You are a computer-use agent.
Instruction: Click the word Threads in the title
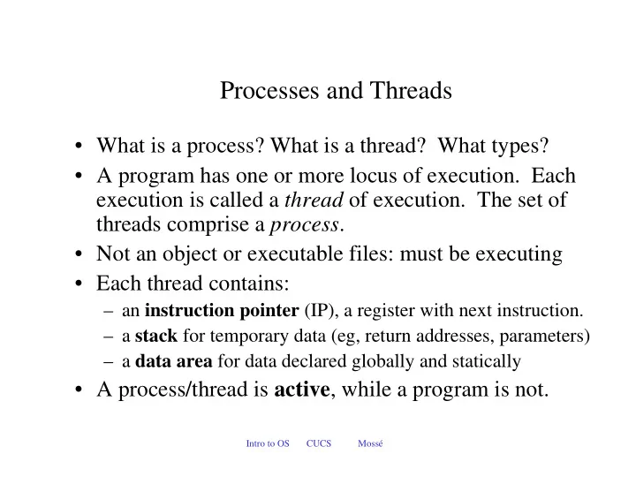tap(411, 90)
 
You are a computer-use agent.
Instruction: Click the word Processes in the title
tap(269, 90)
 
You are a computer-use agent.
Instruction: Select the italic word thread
tap(314, 200)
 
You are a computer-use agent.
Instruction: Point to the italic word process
tap(304, 225)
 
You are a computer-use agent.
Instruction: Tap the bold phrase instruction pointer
tap(222, 311)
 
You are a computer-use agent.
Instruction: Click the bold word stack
tap(156, 336)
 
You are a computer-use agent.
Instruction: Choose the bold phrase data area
tap(174, 361)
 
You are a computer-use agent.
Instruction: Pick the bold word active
tap(302, 390)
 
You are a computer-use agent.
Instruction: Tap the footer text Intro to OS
tap(268, 443)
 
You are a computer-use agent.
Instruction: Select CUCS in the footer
tap(319, 443)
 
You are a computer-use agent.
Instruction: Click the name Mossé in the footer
tap(370, 443)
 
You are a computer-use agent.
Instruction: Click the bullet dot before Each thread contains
tap(79, 284)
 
